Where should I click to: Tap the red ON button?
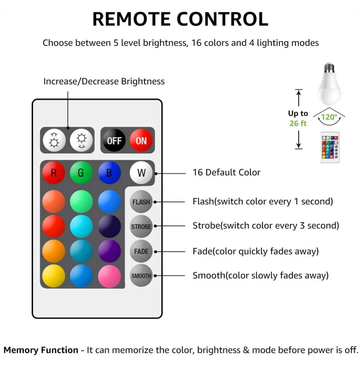[141, 140]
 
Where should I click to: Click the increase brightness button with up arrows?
[54, 140]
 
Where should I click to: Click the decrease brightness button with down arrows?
[81, 140]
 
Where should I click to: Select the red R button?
[54, 173]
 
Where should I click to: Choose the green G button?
[81, 173]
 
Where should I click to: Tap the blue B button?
[109, 173]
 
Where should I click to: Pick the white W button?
[141, 173]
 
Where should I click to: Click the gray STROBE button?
[141, 227]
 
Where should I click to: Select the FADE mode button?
[141, 251]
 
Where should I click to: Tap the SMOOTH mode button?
[141, 275]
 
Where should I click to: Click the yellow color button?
[54, 276]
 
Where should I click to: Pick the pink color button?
[109, 276]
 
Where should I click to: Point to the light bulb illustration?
[329, 84]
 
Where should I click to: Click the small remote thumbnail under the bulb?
[330, 147]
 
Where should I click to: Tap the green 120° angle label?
[329, 117]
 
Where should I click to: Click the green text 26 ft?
[298, 123]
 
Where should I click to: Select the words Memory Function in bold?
[41, 350]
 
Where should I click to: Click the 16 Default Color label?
[226, 173]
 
